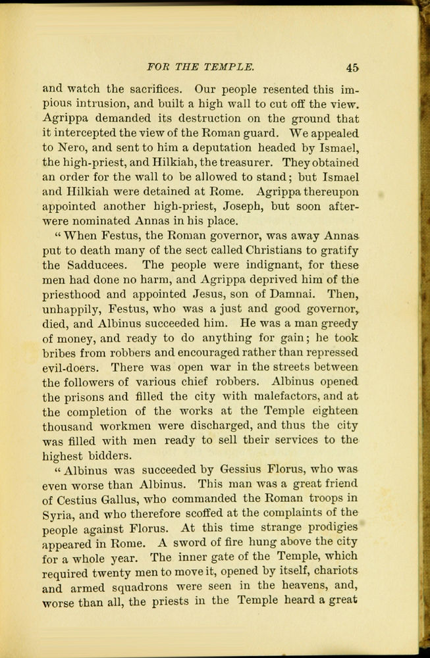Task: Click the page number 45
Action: (x=351, y=67)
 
